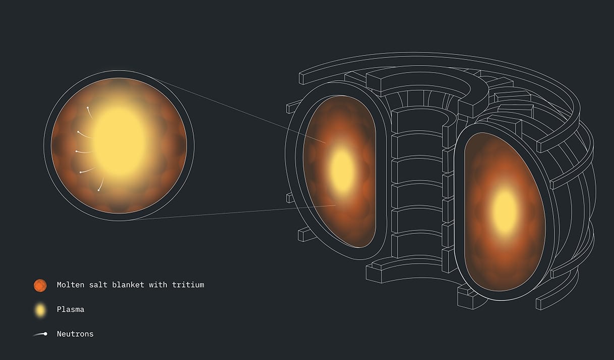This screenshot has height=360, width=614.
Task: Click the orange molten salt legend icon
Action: pos(40,285)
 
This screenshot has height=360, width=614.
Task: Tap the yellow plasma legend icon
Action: pos(40,310)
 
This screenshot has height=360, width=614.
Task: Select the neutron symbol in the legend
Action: pos(40,334)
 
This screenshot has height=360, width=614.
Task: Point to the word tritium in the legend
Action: pos(188,285)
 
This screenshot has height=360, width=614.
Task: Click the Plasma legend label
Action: pos(71,310)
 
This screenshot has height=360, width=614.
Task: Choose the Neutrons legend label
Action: pos(75,334)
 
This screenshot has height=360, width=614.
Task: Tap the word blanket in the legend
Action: pos(128,285)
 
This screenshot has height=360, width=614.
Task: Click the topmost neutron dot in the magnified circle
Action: pos(88,108)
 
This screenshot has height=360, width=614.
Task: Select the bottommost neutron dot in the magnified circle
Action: pos(99,190)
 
